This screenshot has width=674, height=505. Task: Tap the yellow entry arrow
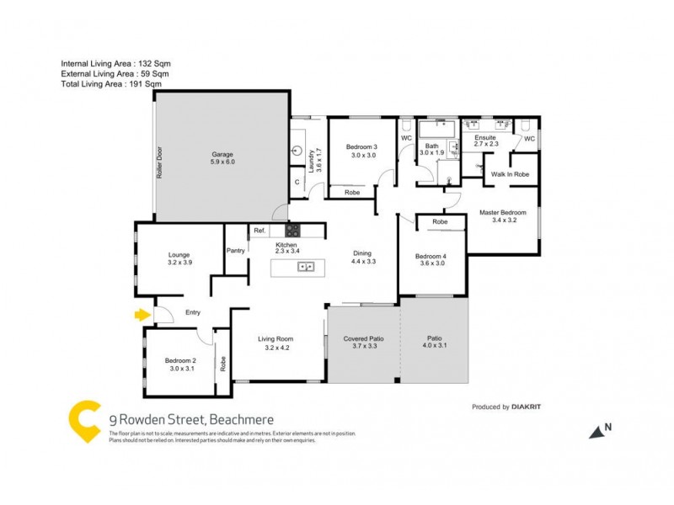pos(141,316)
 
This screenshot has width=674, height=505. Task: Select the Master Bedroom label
pos(502,212)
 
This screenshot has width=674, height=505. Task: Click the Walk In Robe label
pos(509,173)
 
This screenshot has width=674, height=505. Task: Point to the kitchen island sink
pos(306,268)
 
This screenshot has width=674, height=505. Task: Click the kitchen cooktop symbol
pos(294,230)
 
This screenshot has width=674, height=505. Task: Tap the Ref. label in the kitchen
pos(259,231)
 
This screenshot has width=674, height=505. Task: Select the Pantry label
pos(235,251)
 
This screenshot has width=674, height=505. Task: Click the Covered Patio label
pos(364,338)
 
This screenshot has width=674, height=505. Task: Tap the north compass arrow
pos(597,431)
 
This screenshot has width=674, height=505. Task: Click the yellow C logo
pos(84,421)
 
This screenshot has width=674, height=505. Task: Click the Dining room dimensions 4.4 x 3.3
pos(362,262)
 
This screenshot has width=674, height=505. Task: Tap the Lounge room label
pos(179,254)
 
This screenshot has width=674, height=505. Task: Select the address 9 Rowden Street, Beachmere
pos(192,418)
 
